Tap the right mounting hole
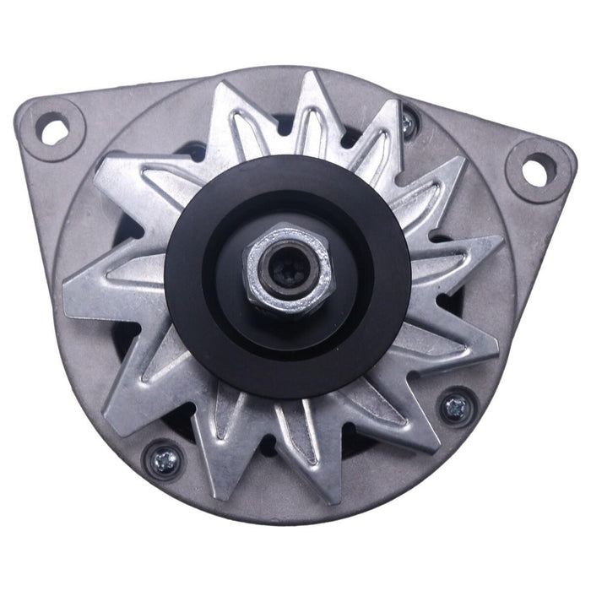535,168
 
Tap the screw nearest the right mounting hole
409,124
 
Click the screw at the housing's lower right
458,405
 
